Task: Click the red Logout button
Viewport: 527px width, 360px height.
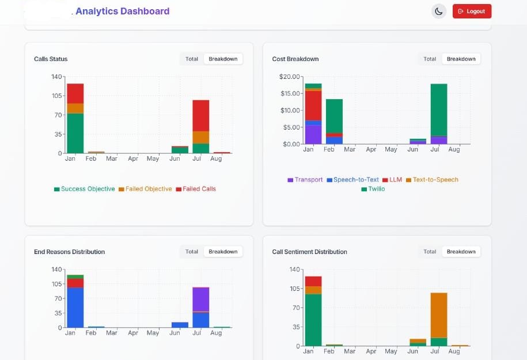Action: click(x=472, y=11)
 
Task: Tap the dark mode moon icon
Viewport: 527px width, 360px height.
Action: click(x=439, y=11)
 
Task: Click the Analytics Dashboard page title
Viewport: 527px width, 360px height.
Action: click(x=122, y=11)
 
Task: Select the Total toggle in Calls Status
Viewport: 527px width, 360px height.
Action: click(x=192, y=59)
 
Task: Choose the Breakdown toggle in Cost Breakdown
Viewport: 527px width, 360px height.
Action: click(x=461, y=59)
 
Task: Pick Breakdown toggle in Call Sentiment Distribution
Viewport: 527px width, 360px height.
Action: click(x=461, y=252)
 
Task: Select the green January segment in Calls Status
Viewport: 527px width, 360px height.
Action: click(x=75, y=133)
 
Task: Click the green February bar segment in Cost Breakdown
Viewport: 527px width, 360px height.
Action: click(x=334, y=116)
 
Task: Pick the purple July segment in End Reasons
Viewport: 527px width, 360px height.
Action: click(x=200, y=299)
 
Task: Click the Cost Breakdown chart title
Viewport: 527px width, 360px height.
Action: click(x=295, y=59)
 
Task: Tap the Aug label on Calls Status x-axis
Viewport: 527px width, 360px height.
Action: click(x=216, y=159)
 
